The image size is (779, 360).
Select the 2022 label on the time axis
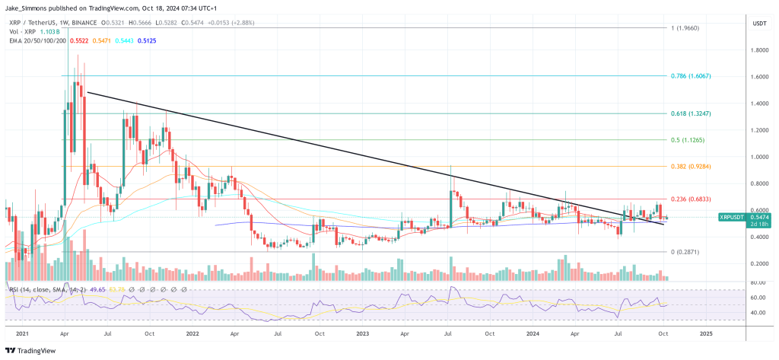pyautogui.click(x=192, y=333)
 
